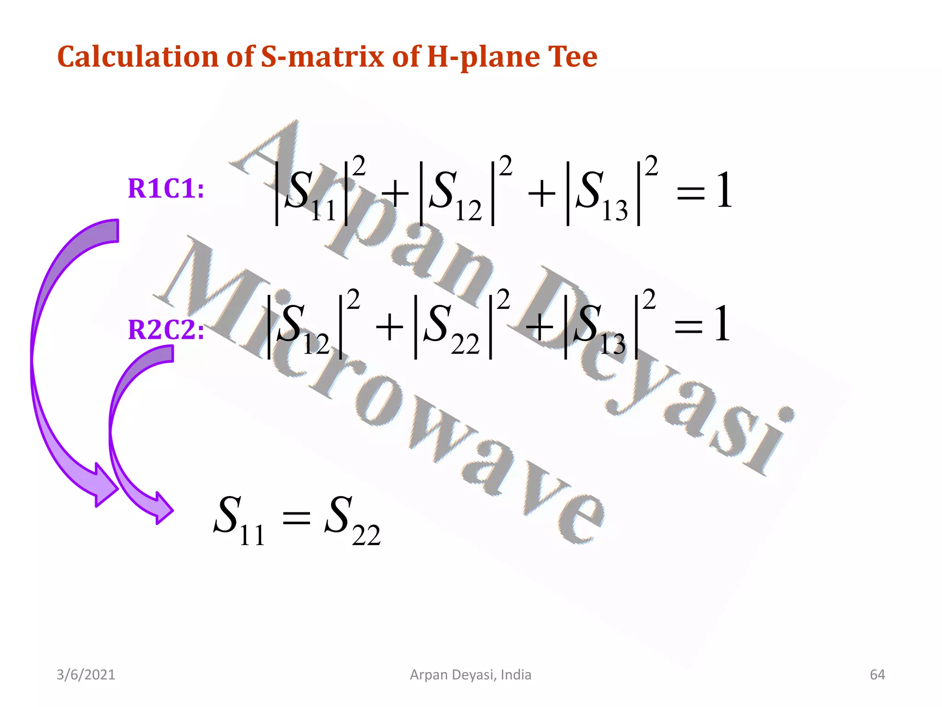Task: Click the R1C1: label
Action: tap(166, 189)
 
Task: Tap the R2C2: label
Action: tap(166, 330)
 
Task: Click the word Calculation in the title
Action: tap(138, 57)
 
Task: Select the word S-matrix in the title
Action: tap(322, 57)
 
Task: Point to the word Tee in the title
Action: tap(572, 57)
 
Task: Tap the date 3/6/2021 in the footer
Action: tap(86, 675)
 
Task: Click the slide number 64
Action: tap(877, 675)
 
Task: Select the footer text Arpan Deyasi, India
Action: tap(471, 675)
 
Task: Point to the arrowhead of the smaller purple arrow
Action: tap(163, 509)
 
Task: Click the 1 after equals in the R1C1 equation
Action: tap(724, 190)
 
